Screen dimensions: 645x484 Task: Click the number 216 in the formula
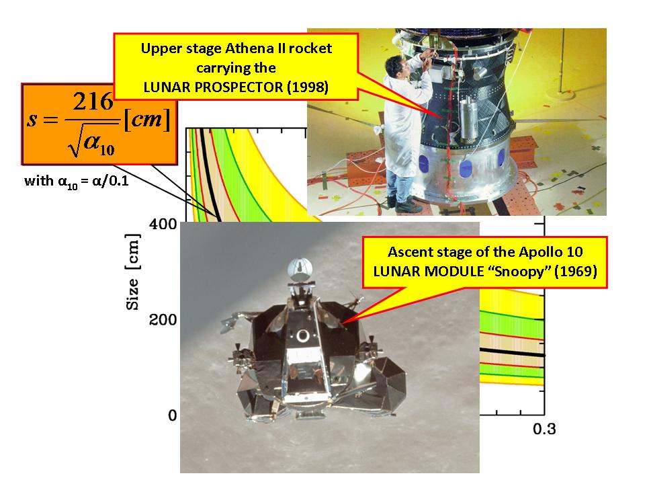coord(93,102)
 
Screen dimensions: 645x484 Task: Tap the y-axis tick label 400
coord(163,225)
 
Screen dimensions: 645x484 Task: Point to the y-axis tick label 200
coord(163,320)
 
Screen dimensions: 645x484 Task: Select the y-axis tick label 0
coord(173,415)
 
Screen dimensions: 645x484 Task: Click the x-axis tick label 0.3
coord(544,429)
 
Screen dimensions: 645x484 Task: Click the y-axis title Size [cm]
coord(132,272)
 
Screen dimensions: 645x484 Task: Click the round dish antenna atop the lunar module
coord(300,270)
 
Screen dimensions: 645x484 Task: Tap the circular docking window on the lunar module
coord(303,336)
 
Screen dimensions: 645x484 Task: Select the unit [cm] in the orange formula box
coord(147,120)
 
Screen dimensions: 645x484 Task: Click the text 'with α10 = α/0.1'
coord(77,182)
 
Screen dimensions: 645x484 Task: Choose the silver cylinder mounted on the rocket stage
coord(468,118)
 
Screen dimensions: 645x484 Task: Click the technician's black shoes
coord(404,204)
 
